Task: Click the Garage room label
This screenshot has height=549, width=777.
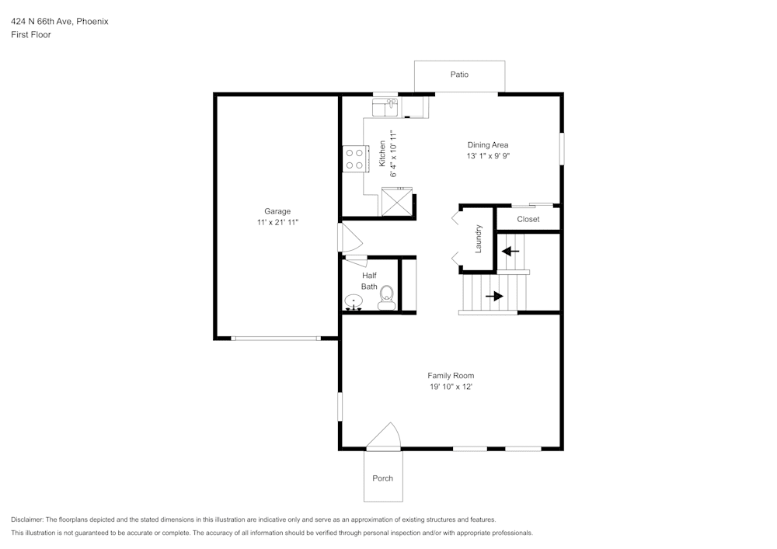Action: click(x=277, y=211)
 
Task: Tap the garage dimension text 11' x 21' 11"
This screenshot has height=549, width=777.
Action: click(x=277, y=223)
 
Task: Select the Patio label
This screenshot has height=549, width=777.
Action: click(x=459, y=75)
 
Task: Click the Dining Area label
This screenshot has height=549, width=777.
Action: click(x=488, y=144)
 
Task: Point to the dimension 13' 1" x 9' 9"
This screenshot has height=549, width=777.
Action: click(x=488, y=156)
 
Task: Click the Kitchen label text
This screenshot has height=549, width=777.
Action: click(x=382, y=154)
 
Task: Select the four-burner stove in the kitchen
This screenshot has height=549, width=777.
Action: click(x=355, y=159)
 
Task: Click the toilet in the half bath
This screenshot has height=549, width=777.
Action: click(x=386, y=298)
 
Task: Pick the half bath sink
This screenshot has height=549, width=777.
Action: click(x=354, y=301)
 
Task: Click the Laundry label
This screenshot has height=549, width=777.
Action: click(x=479, y=238)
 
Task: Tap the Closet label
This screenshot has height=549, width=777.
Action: click(x=528, y=219)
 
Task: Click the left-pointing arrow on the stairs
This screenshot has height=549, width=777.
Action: click(x=510, y=251)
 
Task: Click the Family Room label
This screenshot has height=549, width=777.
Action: click(x=451, y=376)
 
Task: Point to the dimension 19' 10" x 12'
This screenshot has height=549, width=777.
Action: click(x=451, y=387)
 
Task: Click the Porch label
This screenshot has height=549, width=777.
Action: click(x=382, y=478)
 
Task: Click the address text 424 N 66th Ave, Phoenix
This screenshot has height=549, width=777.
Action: click(x=60, y=22)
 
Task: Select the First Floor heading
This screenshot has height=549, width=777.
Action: click(x=31, y=35)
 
